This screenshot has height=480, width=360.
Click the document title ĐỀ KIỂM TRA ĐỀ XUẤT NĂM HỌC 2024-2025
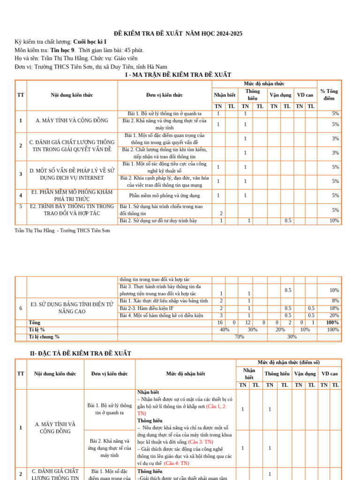click(x=178, y=33)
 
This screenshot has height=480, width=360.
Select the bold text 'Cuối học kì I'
click(x=90, y=42)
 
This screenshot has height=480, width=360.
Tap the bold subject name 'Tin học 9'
click(x=62, y=50)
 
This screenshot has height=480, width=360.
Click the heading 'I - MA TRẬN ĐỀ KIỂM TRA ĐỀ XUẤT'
click(x=178, y=75)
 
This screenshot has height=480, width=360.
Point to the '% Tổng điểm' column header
click(x=329, y=95)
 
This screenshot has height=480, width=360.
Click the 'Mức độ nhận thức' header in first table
click(x=264, y=83)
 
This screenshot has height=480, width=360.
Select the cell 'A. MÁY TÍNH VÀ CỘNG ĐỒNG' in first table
click(x=72, y=120)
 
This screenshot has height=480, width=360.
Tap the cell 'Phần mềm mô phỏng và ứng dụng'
click(x=165, y=195)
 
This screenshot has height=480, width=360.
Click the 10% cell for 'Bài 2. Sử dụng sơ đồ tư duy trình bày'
click(x=334, y=221)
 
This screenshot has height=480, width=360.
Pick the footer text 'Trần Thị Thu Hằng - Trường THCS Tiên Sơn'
click(x=62, y=231)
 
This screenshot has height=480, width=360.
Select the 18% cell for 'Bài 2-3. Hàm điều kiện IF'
click(x=334, y=308)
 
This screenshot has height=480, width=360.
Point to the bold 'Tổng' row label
click(x=34, y=322)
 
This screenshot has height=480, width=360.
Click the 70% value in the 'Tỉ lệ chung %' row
click(x=239, y=337)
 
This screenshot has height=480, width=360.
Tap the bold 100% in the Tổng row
click(x=332, y=322)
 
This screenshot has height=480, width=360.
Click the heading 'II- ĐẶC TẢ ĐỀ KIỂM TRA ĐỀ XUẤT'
click(x=80, y=353)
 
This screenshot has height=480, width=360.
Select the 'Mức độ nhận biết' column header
click(x=185, y=374)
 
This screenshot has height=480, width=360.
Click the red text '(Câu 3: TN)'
click(x=200, y=442)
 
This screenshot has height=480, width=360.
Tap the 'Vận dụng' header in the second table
click(x=305, y=374)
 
